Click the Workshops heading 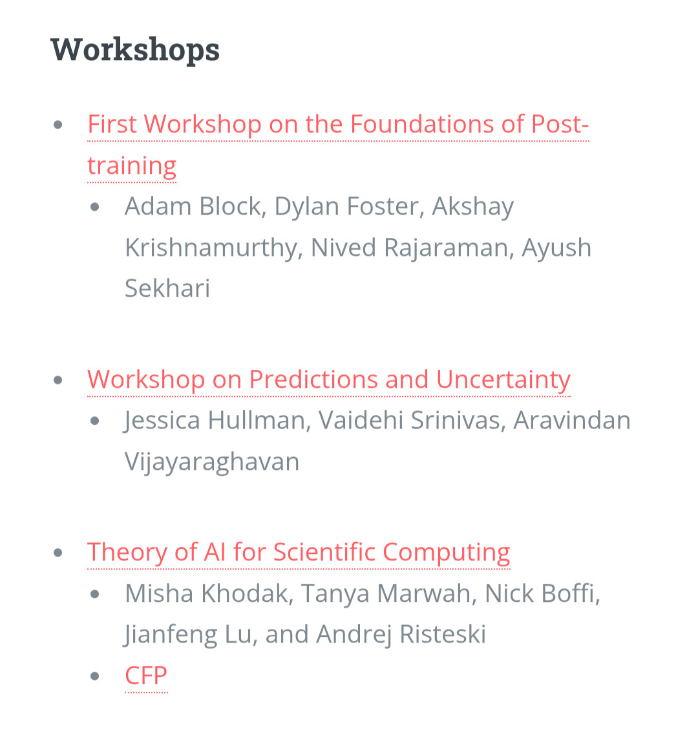pos(135,49)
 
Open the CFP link pos(145,676)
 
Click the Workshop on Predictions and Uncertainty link pos(328,379)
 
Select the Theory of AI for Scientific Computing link pos(299,552)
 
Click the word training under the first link pos(132,166)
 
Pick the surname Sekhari pos(167,288)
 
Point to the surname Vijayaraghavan pos(211,462)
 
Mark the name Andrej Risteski pos(401,635)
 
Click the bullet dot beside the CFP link pos(95,676)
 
